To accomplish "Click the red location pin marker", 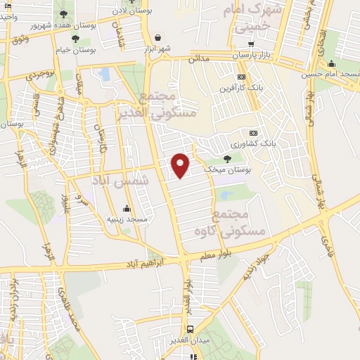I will pyautogui.click(x=181, y=165).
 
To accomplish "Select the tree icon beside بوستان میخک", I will pyautogui.click(x=226, y=160).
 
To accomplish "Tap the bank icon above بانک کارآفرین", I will pyautogui.click(x=242, y=77).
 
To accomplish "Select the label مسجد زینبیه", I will pyautogui.click(x=127, y=219).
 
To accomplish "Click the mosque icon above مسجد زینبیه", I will pyautogui.click(x=127, y=208).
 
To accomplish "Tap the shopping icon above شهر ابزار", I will pyautogui.click(x=157, y=38).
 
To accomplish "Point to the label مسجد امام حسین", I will pyautogui.click(x=330, y=74).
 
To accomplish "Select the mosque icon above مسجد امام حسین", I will pyautogui.click(x=331, y=63).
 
